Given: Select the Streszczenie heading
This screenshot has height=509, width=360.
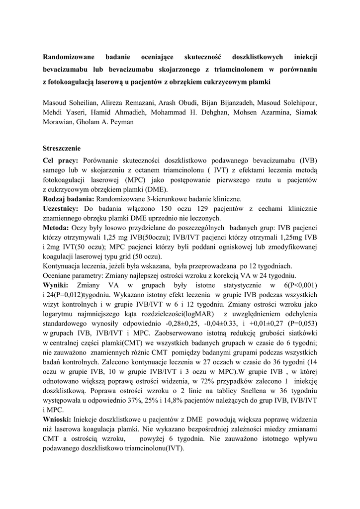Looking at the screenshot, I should [62, 148].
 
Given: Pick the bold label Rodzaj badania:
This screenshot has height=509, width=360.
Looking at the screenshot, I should [69, 198].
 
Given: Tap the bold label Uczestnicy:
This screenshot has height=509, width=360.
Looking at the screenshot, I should [61, 208].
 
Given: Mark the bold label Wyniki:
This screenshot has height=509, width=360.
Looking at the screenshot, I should [57, 285].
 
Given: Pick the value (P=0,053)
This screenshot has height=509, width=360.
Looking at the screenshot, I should [299, 324].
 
